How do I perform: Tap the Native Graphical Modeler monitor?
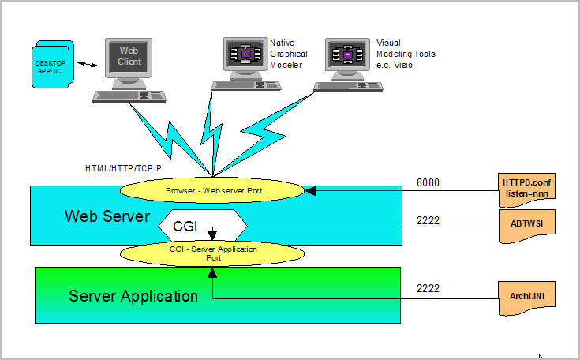245,54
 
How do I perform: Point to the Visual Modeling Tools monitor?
348,54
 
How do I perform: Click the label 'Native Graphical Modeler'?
288,54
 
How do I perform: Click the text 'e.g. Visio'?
395,66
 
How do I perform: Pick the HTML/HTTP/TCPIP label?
122,168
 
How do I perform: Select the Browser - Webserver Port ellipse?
212,190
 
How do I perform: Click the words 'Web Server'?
107,216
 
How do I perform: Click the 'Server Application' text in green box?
133,296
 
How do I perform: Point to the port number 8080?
428,183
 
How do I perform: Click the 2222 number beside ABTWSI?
428,222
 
